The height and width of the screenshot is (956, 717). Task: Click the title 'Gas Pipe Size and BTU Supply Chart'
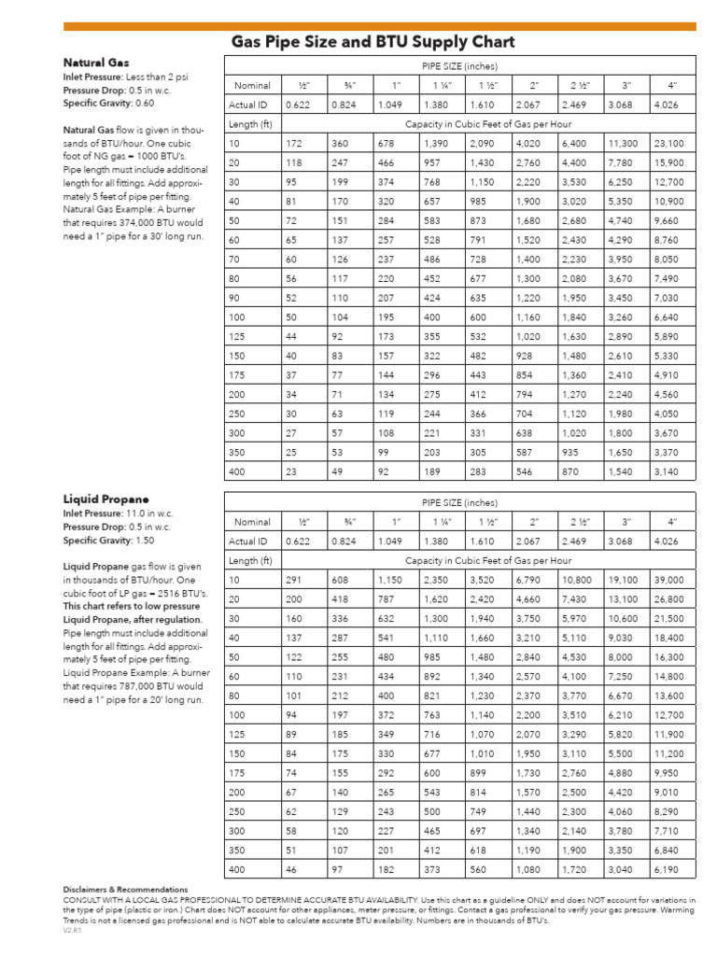pyautogui.click(x=373, y=43)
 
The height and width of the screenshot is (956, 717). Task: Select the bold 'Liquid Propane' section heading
pyautogui.click(x=106, y=499)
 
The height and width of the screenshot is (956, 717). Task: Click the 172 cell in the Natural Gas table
pyautogui.click(x=295, y=144)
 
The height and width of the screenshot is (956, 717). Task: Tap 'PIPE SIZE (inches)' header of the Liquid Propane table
pyautogui.click(x=459, y=502)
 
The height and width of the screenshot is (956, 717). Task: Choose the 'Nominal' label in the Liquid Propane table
pyautogui.click(x=252, y=522)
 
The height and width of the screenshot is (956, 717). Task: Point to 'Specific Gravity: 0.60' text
pyautogui.click(x=108, y=103)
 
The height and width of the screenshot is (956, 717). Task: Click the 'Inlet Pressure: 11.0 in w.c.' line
pyautogui.click(x=118, y=513)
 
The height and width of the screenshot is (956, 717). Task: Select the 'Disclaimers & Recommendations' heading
pyautogui.click(x=125, y=890)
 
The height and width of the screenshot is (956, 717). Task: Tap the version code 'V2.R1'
pyautogui.click(x=72, y=931)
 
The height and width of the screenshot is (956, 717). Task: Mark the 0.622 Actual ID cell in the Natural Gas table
pyautogui.click(x=299, y=105)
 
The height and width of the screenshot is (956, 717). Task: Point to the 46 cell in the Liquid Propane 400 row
pyautogui.click(x=292, y=869)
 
